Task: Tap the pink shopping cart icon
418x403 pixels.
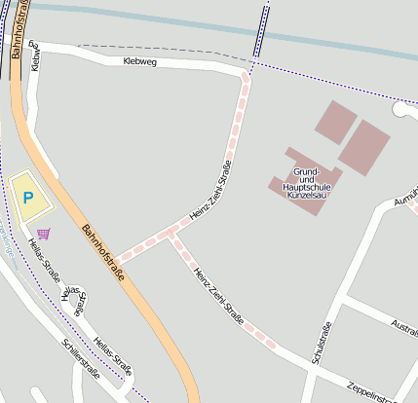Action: (x=43, y=233)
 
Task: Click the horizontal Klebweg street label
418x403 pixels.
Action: (x=140, y=62)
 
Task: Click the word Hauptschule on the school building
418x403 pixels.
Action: (x=306, y=185)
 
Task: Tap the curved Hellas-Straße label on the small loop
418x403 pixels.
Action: (x=74, y=302)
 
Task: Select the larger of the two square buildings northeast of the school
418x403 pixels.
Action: (x=364, y=146)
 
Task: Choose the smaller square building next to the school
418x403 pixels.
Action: (x=335, y=122)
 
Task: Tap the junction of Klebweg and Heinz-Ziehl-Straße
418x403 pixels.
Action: (x=247, y=72)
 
